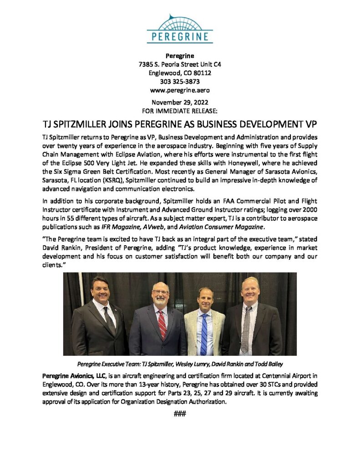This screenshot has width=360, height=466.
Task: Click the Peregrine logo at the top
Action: coord(180,29)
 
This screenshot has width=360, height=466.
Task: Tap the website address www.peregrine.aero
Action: coord(180,90)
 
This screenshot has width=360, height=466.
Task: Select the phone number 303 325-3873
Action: coord(180,81)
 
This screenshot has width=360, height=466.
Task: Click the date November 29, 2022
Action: coord(180,102)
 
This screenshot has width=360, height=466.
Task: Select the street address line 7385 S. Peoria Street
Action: coord(180,65)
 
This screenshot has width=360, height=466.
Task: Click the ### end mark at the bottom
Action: coord(180,414)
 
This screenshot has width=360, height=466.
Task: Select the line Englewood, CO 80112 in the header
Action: coord(180,73)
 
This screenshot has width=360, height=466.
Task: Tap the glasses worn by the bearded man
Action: coord(160,292)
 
